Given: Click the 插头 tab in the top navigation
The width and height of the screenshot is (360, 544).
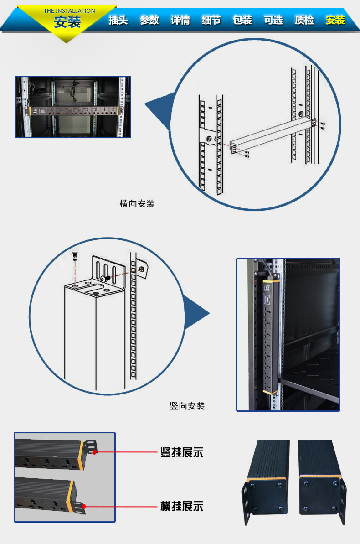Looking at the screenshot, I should [118, 20].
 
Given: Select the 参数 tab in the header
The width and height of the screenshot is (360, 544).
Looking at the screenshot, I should [149, 20].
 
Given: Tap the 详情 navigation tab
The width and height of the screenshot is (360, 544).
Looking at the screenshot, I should [180, 20].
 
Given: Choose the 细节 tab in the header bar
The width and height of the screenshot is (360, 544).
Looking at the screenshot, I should [211, 20].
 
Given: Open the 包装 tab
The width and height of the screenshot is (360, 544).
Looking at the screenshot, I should [242, 20].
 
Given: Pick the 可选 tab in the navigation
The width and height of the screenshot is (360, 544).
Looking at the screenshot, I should [273, 20].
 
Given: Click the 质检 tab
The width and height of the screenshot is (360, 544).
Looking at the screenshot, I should [304, 20].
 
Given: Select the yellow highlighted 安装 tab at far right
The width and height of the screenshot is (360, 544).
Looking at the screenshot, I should [335, 20].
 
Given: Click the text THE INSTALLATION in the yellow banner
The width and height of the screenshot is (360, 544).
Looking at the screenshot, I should [69, 10].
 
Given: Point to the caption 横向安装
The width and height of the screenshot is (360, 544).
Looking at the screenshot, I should [137, 204].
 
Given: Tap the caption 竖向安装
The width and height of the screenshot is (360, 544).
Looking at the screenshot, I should [187, 406].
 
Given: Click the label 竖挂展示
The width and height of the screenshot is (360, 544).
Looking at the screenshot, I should [181, 453].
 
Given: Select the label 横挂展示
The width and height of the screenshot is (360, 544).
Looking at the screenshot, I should [181, 506].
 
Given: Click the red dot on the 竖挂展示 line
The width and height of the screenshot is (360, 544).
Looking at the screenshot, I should [95, 452].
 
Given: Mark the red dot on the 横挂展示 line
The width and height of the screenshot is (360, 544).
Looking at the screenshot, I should [85, 506].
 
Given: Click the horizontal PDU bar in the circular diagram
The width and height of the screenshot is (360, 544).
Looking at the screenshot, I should [271, 135].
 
